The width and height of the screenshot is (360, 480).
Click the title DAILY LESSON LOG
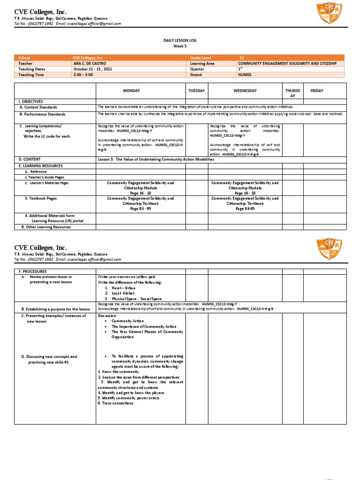tap(180, 41)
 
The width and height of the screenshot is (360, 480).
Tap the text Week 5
tap(180, 46)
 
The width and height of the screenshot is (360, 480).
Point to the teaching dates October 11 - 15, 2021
tap(93, 68)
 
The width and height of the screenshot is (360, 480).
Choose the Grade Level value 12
tap(241, 57)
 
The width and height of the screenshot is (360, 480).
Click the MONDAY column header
tap(131, 90)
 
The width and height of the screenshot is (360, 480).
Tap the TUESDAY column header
tap(197, 90)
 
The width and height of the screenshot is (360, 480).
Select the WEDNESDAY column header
tap(245, 90)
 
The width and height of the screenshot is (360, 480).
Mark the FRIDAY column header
tap(316, 90)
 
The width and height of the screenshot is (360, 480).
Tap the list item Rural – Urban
tap(119, 288)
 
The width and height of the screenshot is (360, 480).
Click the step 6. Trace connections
tap(116, 403)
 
